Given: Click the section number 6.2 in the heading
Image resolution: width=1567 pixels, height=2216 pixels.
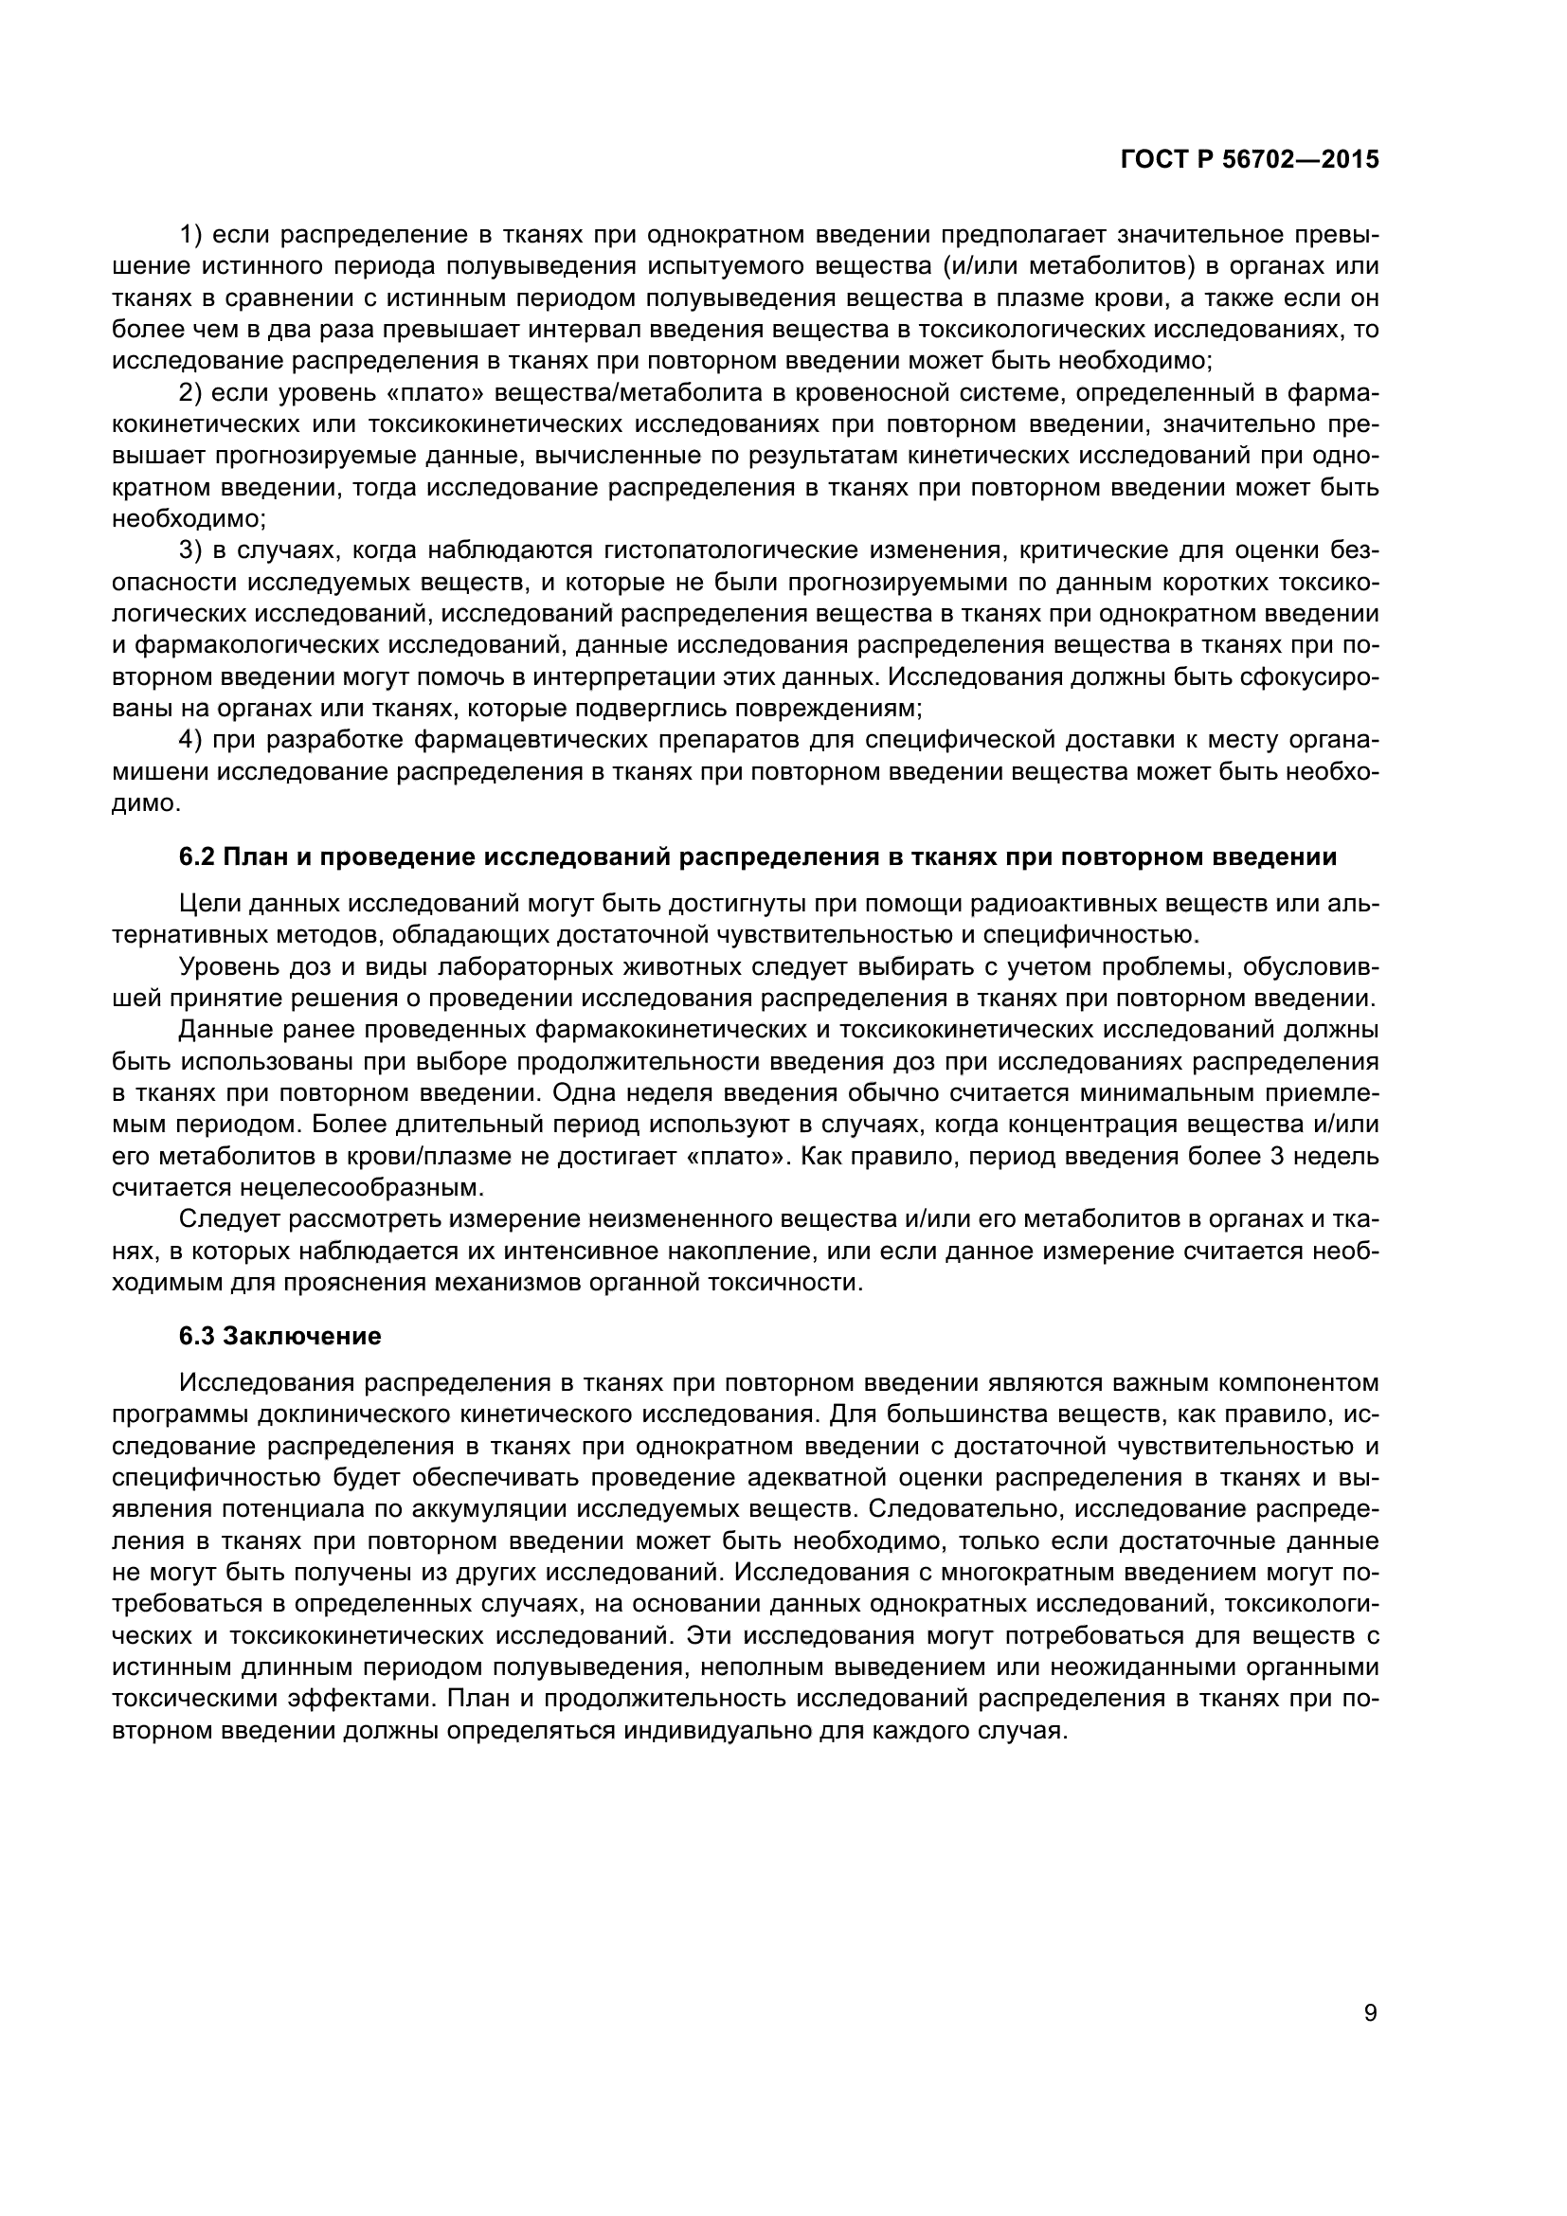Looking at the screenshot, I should [x=197, y=857].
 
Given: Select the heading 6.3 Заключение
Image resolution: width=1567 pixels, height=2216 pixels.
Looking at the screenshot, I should [x=279, y=1336].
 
